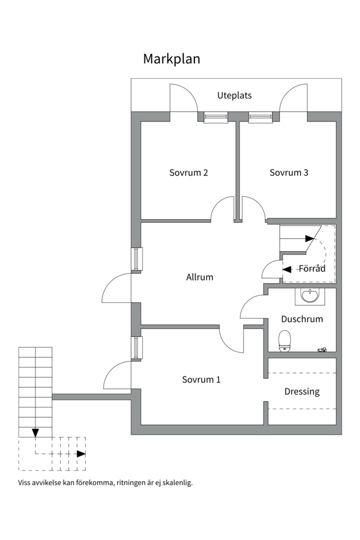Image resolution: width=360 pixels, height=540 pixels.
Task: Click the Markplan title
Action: [171, 59]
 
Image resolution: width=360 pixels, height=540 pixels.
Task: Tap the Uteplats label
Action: [234, 95]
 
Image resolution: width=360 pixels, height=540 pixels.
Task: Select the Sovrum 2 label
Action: [188, 173]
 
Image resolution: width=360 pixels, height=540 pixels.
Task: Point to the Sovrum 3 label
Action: [289, 173]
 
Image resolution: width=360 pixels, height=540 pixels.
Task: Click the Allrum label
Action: [199, 277]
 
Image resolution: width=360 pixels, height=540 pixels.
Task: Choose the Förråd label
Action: [312, 268]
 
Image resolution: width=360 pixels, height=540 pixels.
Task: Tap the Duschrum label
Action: [302, 319]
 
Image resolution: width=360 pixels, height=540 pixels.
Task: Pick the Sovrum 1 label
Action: [201, 379]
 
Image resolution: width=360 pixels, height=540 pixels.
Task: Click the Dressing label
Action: [302, 391]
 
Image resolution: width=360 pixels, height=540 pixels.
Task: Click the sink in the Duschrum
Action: [310, 296]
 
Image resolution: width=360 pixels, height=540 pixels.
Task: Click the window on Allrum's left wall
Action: [136, 259]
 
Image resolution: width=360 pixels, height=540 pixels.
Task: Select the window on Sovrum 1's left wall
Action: [136, 347]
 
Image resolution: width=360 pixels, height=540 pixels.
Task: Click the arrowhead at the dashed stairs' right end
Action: [81, 454]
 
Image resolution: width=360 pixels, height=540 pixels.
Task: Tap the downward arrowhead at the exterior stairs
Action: [35, 432]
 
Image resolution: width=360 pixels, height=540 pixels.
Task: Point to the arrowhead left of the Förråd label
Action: [287, 269]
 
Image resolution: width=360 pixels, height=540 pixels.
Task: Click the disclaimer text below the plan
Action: [105, 483]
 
